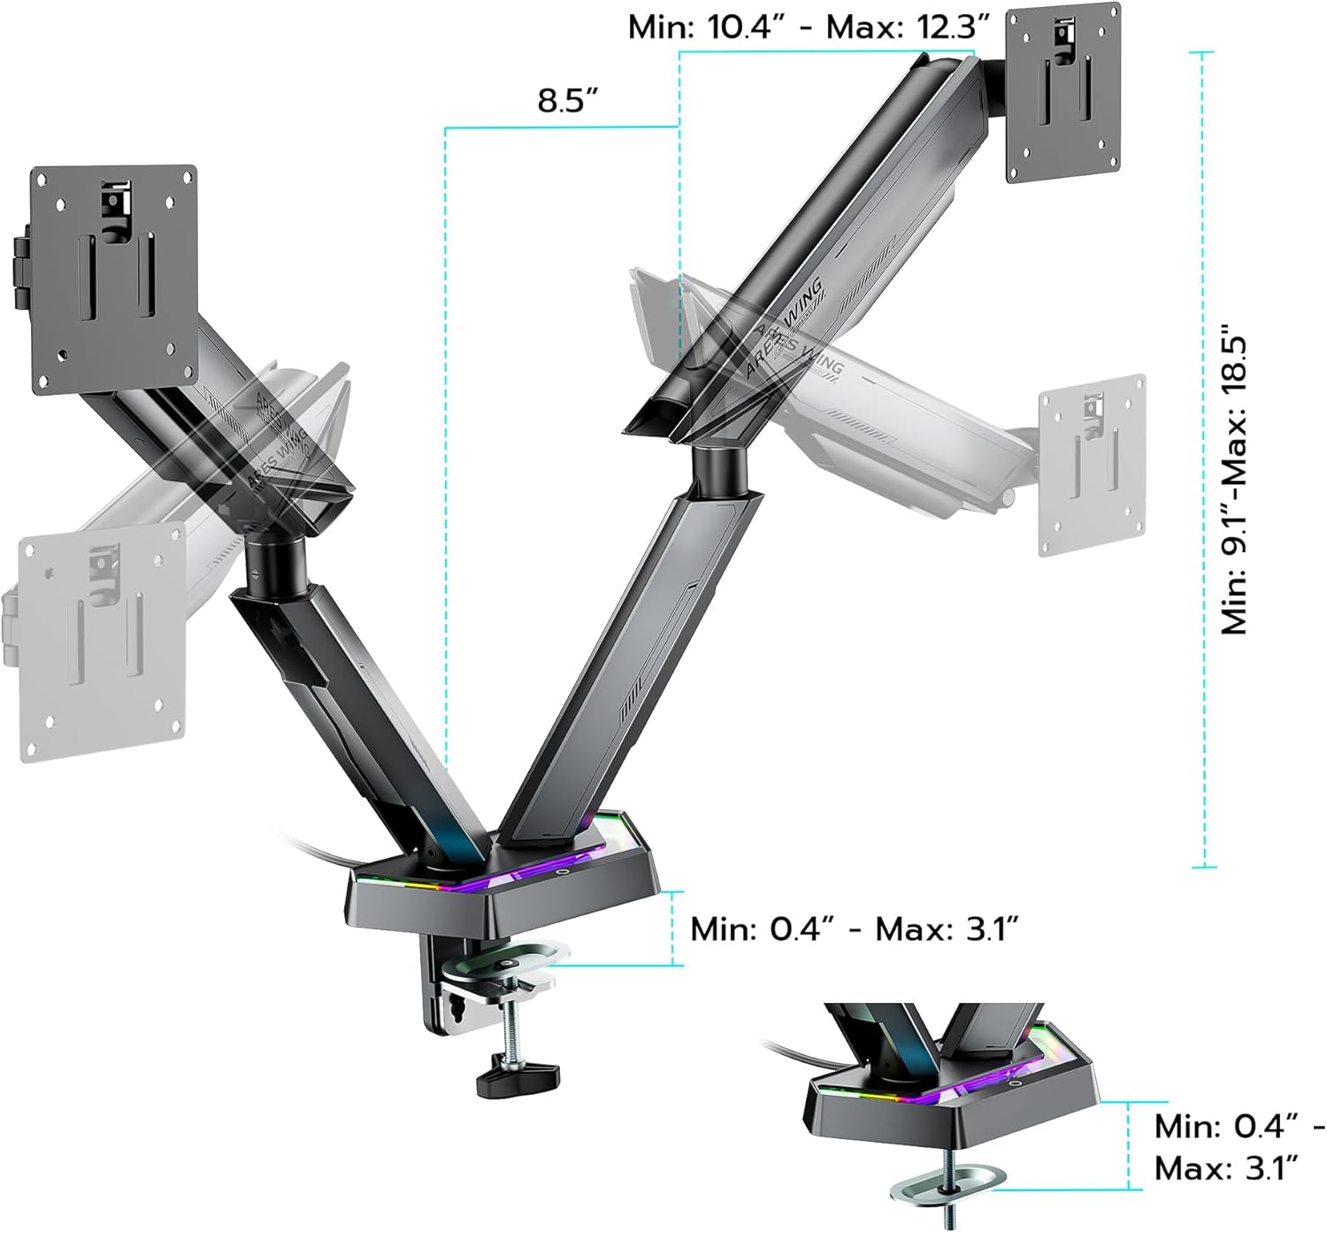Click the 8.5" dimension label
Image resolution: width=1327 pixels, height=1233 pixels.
coord(569,100)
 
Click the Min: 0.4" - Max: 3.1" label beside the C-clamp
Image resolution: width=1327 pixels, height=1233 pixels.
coord(854,929)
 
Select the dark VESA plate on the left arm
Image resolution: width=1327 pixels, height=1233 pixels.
coord(113,279)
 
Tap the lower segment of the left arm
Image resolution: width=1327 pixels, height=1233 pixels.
coord(354,708)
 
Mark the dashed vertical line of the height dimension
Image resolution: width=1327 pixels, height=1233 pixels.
coord(1202,460)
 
